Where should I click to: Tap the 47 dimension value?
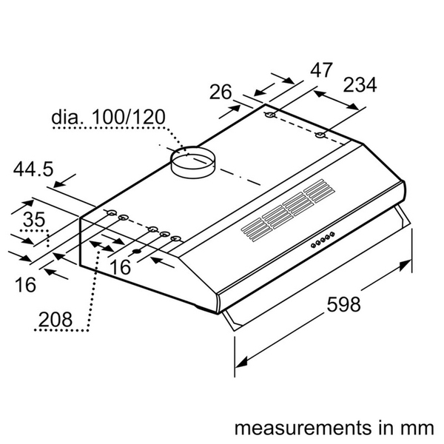[x=320, y=71]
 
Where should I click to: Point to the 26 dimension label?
[x=221, y=92]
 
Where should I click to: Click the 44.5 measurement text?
[x=33, y=169]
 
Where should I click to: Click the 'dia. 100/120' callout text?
[x=108, y=118]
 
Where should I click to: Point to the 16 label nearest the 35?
[x=26, y=284]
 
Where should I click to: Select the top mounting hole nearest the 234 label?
[x=320, y=135]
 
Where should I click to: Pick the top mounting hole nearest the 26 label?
[x=270, y=116]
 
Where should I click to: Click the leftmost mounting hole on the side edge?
[x=110, y=215]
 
